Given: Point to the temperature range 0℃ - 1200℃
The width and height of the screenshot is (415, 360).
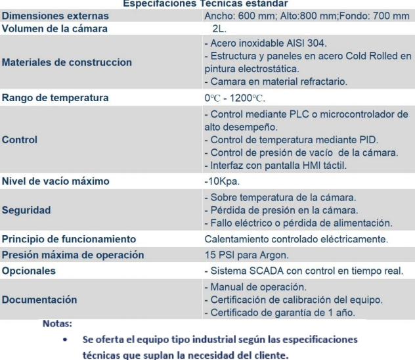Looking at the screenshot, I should click(234, 98).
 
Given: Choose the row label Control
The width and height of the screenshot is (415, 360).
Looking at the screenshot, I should click(20, 139).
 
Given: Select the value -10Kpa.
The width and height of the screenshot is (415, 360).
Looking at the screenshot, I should click(223, 181).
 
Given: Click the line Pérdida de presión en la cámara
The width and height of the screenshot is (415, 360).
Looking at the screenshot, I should click(281, 210).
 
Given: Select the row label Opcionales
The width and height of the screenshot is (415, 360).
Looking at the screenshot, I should click(29, 271).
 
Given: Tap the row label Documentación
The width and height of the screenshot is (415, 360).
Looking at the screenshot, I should click(39, 300).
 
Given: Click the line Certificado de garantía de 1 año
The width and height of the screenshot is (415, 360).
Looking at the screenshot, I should click(281, 312).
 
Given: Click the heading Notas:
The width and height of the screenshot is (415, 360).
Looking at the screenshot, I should click(57, 324).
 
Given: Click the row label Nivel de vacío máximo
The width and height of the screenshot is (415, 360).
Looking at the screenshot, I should click(55, 181).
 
